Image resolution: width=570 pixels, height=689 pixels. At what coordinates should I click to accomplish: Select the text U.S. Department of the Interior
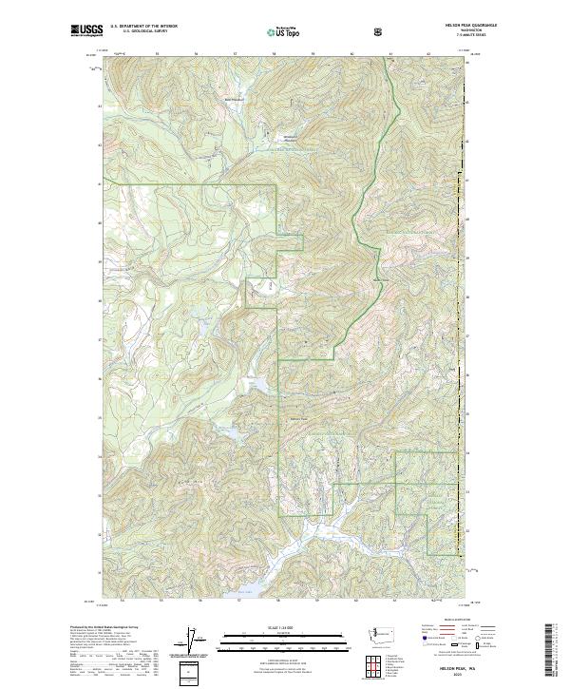point(143,28)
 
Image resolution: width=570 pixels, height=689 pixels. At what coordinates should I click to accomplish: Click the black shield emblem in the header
point(379,31)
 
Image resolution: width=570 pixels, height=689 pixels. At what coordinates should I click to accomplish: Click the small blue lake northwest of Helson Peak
point(256,384)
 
